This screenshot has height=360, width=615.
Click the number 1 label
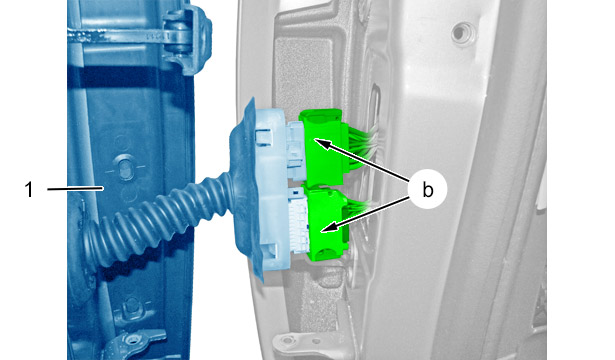coord(29,190)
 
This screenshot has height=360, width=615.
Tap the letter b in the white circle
coord(428,190)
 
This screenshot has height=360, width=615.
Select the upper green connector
coord(322,147)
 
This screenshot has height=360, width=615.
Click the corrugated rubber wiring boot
coord(157,220)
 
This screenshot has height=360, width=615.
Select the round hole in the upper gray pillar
coord(463,33)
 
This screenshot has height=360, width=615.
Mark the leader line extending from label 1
coord(75,189)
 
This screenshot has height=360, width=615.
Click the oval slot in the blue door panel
coord(124,168)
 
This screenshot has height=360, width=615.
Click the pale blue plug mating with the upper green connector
coord(295,150)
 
